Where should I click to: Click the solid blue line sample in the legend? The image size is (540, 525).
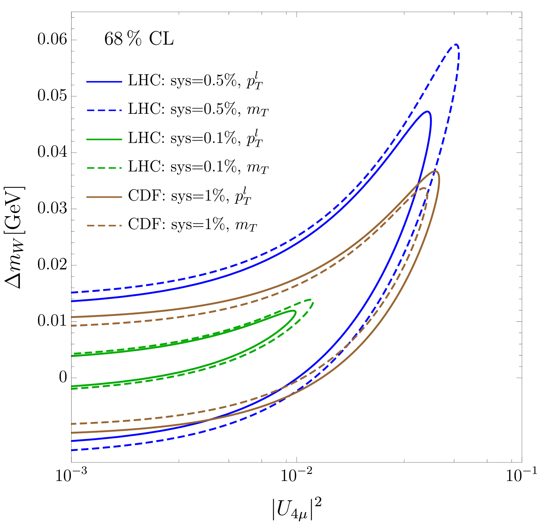[x=104, y=82]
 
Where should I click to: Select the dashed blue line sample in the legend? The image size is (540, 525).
[x=104, y=111]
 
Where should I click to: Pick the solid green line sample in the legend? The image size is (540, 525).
[x=104, y=139]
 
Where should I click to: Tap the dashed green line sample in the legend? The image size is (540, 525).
[x=104, y=168]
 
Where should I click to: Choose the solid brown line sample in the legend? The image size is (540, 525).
[x=104, y=197]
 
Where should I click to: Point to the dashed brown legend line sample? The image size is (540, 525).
[x=104, y=226]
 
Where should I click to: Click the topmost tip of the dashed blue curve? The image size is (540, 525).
[x=456, y=45]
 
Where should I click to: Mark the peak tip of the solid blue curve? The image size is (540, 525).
[x=428, y=112]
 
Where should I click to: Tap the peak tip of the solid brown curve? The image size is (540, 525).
[x=436, y=171]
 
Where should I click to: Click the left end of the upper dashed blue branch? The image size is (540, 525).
[x=72, y=293]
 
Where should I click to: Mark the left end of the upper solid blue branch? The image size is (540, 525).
[x=72, y=301]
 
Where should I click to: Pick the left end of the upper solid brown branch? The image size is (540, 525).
[x=72, y=317]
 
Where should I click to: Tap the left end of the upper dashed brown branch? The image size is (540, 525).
[x=72, y=325]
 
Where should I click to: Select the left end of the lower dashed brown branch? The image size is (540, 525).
[x=72, y=424]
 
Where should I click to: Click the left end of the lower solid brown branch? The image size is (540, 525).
[x=72, y=433]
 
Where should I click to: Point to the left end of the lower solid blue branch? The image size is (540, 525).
[x=72, y=441]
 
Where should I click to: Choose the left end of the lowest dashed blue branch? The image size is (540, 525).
[x=72, y=450]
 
